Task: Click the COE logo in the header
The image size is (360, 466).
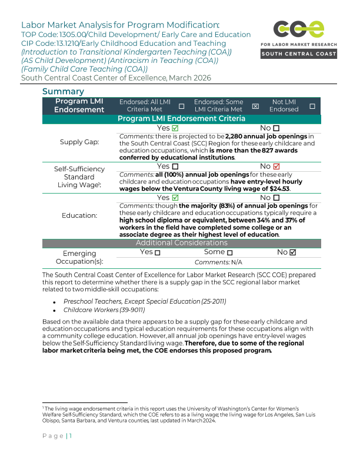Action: pyautogui.click(x=298, y=29)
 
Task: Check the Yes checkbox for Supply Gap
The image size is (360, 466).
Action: pyautogui.click(x=175, y=128)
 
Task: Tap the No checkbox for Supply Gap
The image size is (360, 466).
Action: pyautogui.click(x=276, y=128)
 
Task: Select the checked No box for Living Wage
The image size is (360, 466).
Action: pyautogui.click(x=276, y=167)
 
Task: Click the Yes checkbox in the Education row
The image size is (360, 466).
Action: pyautogui.click(x=175, y=198)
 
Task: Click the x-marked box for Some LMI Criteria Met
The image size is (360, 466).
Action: pyautogui.click(x=255, y=106)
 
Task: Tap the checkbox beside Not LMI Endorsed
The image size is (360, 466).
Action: pyautogui.click(x=312, y=106)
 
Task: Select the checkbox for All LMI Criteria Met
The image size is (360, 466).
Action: pyautogui.click(x=181, y=106)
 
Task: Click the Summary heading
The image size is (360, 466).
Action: pyautogui.click(x=63, y=92)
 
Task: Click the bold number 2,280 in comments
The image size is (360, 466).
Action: pyautogui.click(x=238, y=137)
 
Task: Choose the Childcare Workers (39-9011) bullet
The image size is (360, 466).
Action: pyautogui.click(x=104, y=310)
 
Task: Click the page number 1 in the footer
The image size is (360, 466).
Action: pyautogui.click(x=70, y=436)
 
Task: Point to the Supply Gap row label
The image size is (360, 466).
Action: pyautogui.click(x=79, y=142)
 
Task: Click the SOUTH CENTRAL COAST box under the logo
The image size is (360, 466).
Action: pyautogui.click(x=299, y=54)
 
